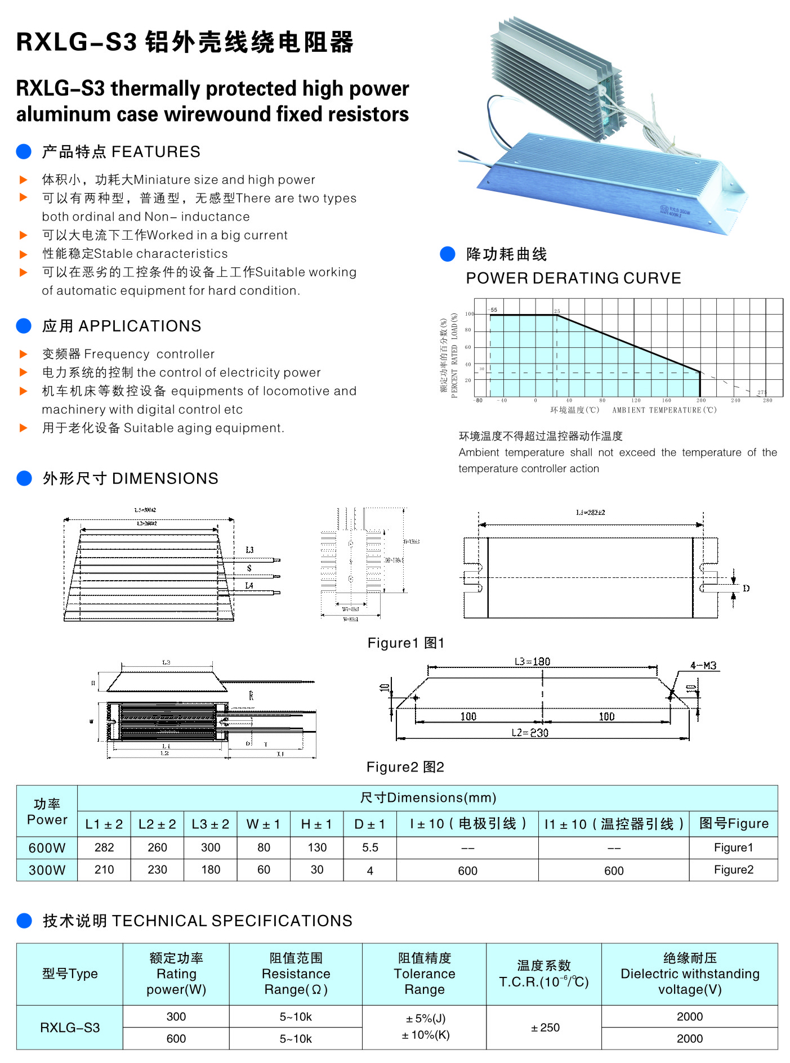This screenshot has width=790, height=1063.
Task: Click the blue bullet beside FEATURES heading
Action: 24,151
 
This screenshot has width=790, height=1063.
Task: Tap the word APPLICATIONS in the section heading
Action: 140,326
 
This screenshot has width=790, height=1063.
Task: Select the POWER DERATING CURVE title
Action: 573,278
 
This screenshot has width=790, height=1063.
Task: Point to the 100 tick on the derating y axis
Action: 470,314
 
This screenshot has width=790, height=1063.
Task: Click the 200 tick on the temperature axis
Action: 700,401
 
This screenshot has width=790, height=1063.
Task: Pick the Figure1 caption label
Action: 405,643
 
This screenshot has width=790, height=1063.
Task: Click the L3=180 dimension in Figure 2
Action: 532,661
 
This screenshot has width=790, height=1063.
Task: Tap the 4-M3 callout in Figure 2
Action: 703,666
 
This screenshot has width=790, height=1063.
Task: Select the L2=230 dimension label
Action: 530,733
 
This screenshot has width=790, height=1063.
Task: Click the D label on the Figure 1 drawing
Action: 746,589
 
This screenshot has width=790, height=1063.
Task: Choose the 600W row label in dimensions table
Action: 47,847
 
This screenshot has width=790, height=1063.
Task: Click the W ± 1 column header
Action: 263,824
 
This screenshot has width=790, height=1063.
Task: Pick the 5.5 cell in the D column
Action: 370,847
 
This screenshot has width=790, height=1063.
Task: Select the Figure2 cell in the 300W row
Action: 733,870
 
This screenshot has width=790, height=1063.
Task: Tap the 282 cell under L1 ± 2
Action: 104,847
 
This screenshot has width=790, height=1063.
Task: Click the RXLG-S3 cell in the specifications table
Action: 70,1028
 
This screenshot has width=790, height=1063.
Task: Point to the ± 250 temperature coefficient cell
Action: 544,1028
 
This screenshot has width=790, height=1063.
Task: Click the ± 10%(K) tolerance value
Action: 425,1035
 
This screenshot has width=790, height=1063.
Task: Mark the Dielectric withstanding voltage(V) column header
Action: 690,974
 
